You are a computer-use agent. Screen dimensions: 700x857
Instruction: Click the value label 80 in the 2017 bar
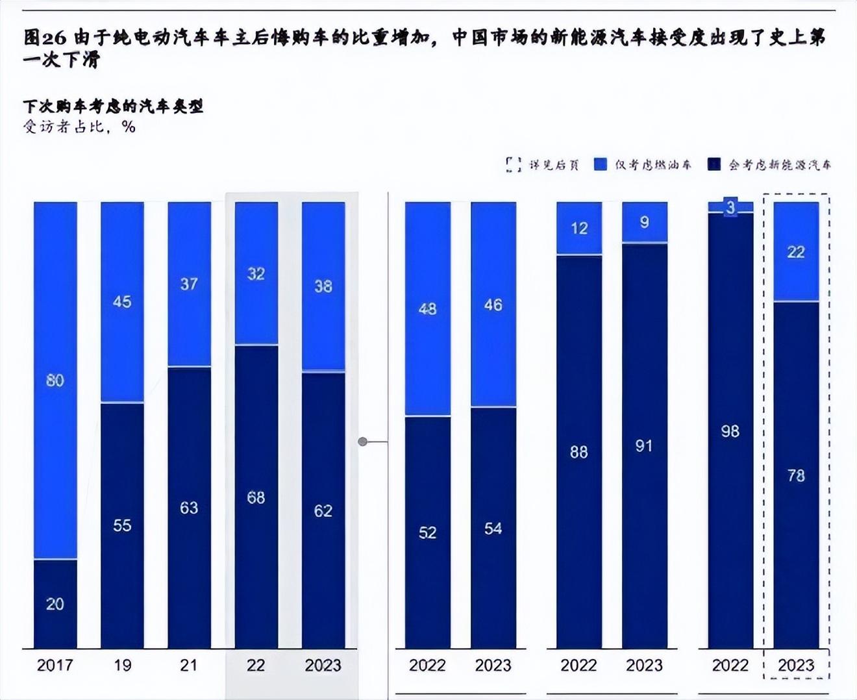(55, 381)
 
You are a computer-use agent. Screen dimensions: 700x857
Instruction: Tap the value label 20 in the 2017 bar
(55, 604)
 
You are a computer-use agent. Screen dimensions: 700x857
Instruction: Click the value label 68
(256, 497)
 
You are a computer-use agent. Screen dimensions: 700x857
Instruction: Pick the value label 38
(323, 286)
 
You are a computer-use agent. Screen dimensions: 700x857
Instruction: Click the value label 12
(579, 228)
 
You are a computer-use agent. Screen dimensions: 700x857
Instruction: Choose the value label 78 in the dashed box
(796, 476)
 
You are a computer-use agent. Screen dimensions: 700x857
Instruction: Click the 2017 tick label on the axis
(55, 666)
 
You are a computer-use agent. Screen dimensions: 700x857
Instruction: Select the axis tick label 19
(122, 666)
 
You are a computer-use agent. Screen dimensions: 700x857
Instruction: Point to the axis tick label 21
(189, 666)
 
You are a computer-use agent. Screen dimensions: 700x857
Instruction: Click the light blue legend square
(601, 164)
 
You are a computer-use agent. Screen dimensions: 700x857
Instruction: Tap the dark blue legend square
(714, 164)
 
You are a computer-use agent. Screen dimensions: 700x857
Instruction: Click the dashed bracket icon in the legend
(514, 164)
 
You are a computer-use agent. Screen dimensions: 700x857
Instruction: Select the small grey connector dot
(363, 442)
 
